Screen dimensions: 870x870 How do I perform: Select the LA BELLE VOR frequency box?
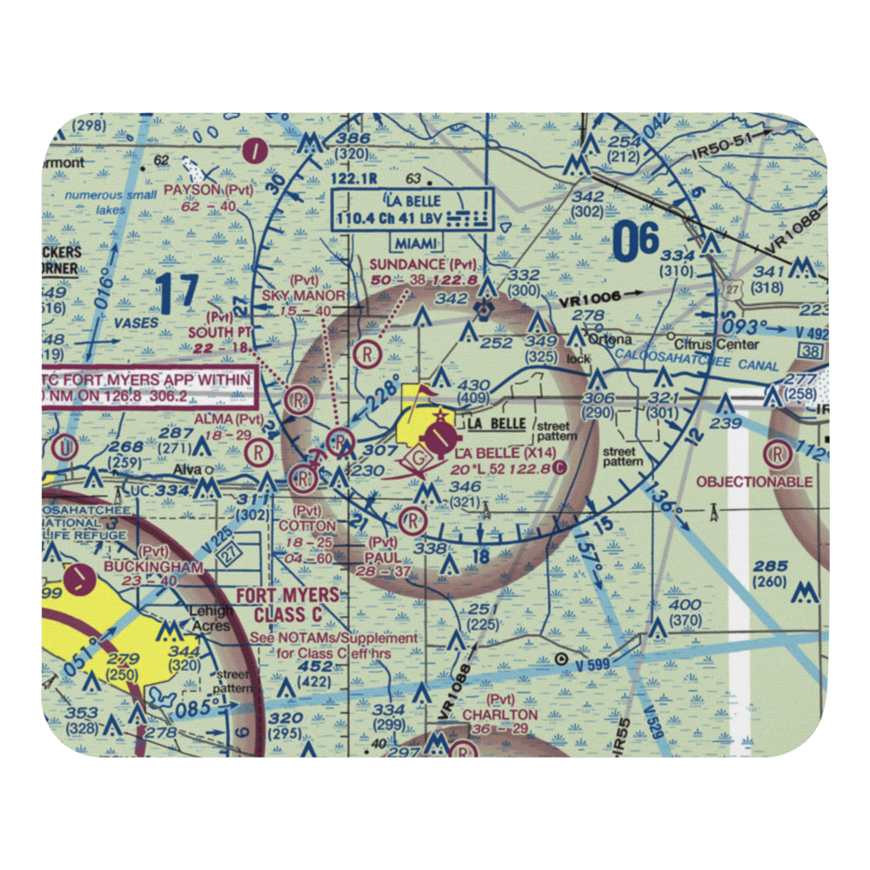412,210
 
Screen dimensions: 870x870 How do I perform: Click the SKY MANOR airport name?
304,296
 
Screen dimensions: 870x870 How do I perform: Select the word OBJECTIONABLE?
754,481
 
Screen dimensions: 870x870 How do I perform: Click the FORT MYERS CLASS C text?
289,606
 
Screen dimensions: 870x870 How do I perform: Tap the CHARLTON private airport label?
500,714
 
